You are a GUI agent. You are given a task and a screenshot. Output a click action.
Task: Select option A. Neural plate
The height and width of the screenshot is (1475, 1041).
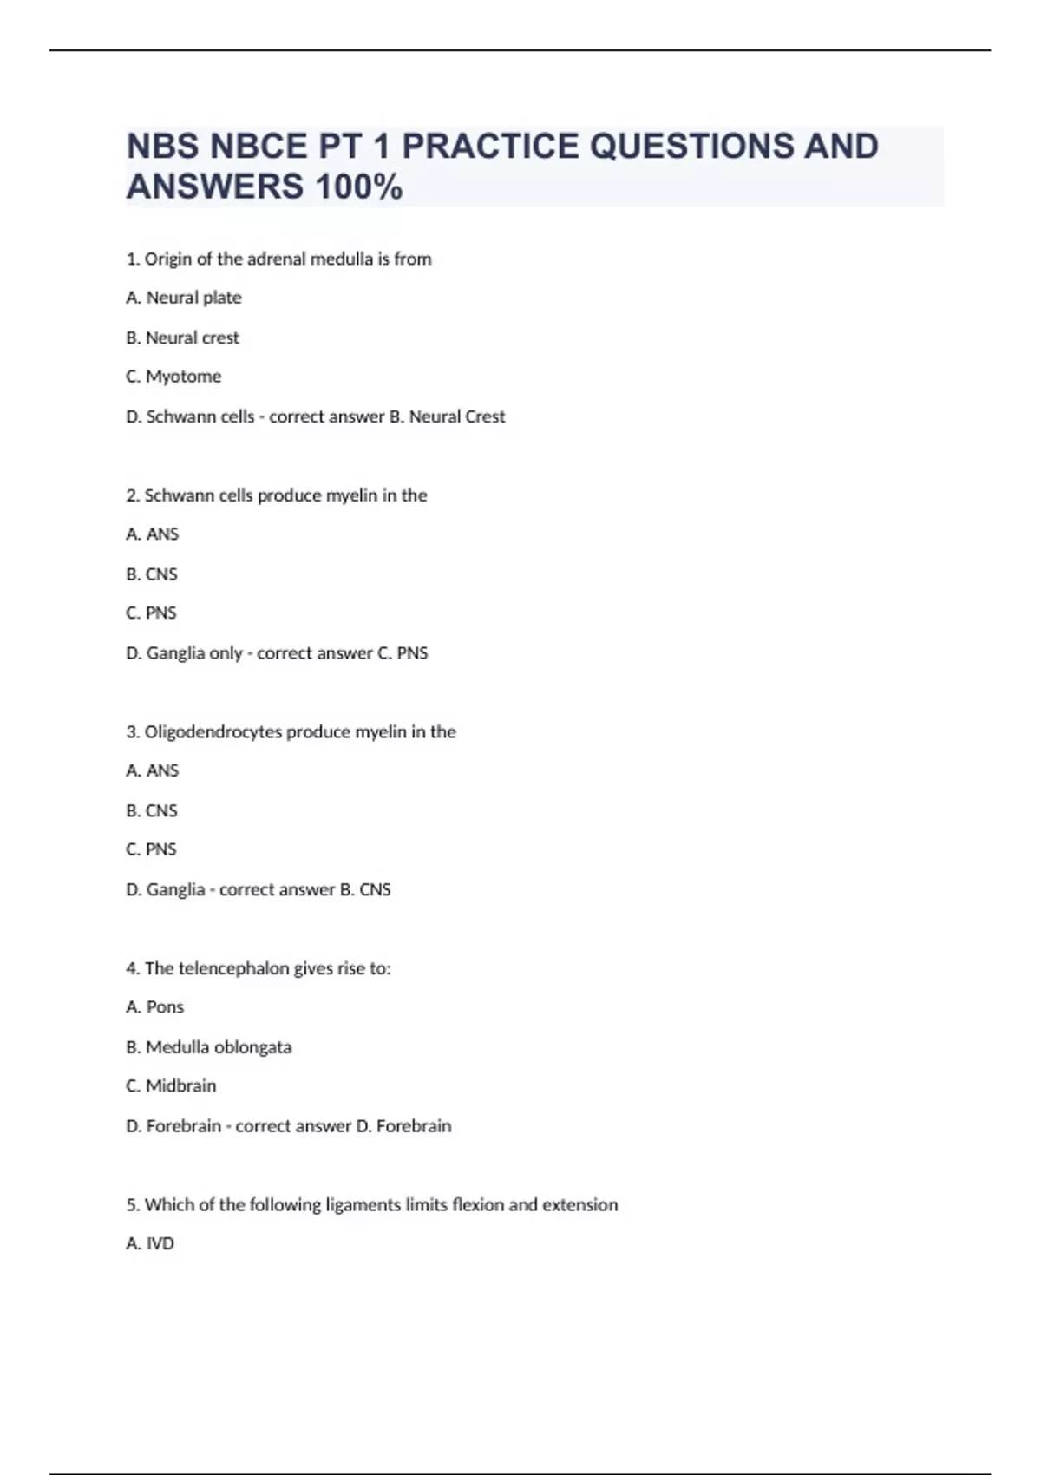point(184,298)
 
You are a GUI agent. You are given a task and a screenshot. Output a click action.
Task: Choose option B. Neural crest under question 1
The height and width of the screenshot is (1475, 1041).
point(182,338)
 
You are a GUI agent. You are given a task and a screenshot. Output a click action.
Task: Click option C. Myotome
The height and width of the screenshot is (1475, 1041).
point(173,377)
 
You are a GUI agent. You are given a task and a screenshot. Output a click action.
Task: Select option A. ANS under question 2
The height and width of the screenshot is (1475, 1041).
point(153,534)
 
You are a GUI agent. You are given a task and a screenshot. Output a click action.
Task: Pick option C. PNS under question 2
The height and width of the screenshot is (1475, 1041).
point(152,613)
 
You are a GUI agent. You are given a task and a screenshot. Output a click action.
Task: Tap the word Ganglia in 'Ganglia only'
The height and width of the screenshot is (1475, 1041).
point(176,653)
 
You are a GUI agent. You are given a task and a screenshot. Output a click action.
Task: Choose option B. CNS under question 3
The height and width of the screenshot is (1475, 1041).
point(152,811)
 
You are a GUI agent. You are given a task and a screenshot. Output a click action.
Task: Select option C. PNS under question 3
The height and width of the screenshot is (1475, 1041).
point(152,850)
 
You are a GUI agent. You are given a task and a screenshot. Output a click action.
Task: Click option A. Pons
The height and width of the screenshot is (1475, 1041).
point(155,1007)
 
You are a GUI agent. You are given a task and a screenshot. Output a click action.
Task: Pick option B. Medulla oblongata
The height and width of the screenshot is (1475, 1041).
point(209,1047)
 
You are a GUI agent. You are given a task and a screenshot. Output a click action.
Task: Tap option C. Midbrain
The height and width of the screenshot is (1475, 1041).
point(171,1086)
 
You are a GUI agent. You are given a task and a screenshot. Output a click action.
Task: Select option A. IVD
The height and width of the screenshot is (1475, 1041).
point(150,1244)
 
